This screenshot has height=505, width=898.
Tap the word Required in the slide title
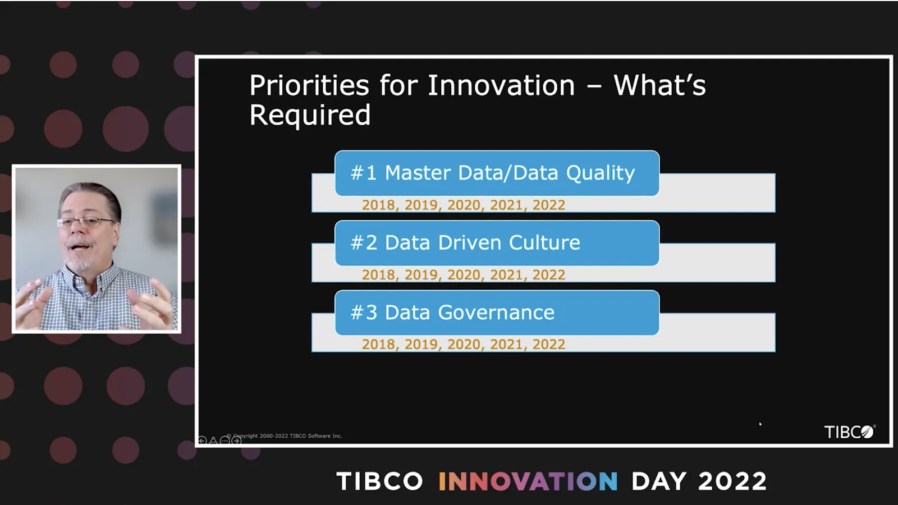(x=310, y=116)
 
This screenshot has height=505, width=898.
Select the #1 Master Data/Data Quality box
(x=497, y=173)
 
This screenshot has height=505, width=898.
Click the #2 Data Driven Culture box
(x=497, y=243)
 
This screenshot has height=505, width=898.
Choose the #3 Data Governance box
(x=497, y=313)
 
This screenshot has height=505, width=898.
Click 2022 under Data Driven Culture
(x=549, y=275)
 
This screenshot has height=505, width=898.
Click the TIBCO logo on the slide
(x=850, y=431)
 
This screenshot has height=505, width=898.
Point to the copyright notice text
(x=285, y=435)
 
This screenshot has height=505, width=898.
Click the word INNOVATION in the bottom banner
(x=528, y=481)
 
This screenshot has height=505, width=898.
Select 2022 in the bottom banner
(x=732, y=481)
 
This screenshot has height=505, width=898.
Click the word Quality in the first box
(x=601, y=174)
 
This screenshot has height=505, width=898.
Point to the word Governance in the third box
(x=496, y=313)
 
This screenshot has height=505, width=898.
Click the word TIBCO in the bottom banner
(x=380, y=481)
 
